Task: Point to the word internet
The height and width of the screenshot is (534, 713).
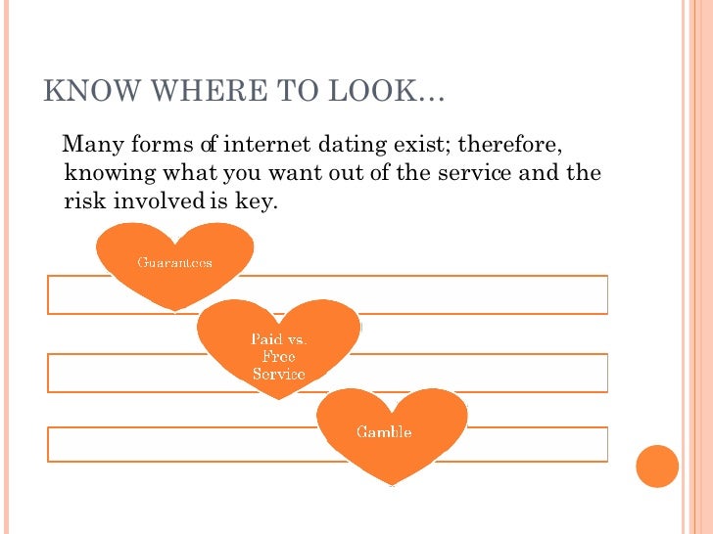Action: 267,147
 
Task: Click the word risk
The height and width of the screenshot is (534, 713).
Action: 82,202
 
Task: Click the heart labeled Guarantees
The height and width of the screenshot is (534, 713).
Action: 174,263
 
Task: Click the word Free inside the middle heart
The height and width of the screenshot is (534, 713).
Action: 279,357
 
